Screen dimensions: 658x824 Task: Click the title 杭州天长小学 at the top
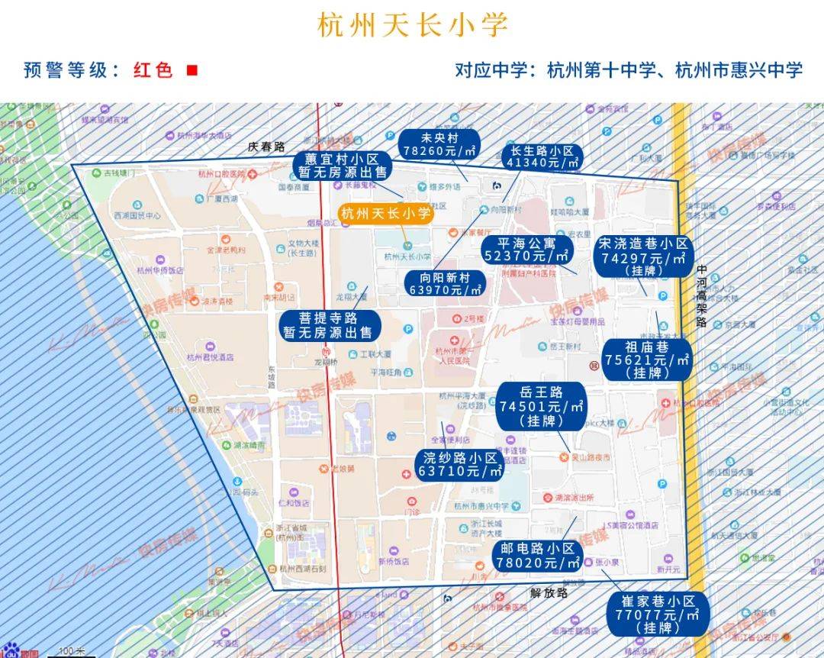click(412, 24)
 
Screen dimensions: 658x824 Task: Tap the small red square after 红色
click(192, 70)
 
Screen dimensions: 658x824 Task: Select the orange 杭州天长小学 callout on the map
click(385, 214)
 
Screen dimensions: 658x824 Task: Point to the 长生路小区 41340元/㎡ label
click(542, 156)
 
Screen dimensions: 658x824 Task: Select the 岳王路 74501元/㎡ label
click(542, 405)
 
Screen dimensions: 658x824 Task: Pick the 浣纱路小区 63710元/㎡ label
click(460, 464)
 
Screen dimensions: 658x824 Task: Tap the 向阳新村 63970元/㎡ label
click(444, 283)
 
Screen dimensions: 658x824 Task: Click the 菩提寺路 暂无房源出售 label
click(328, 325)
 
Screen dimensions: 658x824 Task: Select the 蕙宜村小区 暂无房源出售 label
click(341, 166)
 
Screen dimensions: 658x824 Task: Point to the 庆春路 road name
click(266, 147)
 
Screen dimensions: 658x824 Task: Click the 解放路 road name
click(549, 592)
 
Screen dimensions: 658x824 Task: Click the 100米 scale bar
click(72, 651)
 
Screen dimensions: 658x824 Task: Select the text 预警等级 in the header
click(66, 70)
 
